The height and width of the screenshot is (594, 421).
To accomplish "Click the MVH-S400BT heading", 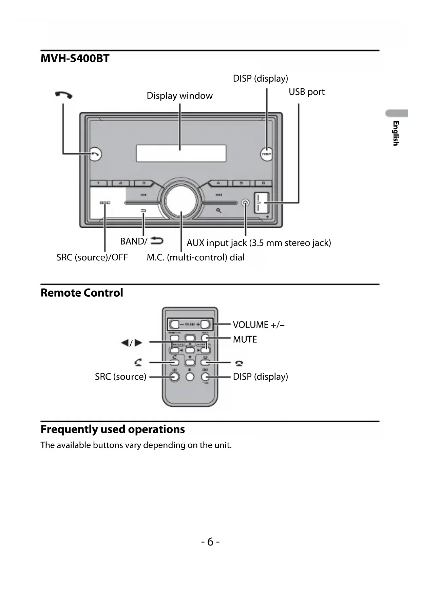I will (75, 59).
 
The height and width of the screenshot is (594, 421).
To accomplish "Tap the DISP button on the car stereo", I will (267, 154).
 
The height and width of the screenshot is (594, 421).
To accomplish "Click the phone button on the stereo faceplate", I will (96, 154).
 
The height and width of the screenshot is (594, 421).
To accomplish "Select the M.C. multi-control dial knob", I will (181, 200).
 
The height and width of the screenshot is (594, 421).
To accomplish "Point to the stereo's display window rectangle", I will (181, 153).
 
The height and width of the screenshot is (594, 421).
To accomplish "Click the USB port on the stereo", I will (262, 203).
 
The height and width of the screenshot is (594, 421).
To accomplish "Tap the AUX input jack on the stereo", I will (245, 203).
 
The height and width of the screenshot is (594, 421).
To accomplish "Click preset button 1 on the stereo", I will (99, 183).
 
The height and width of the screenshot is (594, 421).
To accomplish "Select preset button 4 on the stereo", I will (218, 183).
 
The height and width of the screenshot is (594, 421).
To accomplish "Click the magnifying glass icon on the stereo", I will (219, 210).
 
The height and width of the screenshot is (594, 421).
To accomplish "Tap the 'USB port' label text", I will (306, 92).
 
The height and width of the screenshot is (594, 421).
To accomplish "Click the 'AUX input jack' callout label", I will (259, 243).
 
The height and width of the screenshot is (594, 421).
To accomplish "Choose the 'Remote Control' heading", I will (82, 293).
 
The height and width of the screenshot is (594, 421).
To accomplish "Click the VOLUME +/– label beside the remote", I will (259, 325).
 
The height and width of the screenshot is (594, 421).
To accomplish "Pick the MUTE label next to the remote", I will (245, 339).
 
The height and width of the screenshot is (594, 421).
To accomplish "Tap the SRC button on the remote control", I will (174, 377).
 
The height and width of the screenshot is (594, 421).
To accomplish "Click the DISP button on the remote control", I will (205, 377).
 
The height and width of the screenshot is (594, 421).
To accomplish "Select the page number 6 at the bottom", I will (210, 542).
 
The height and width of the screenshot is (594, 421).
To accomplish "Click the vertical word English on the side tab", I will (396, 133).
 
